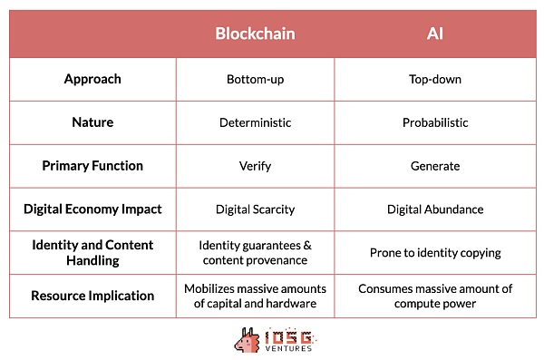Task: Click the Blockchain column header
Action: (x=255, y=34)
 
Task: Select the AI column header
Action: (x=435, y=34)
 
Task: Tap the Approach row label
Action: (x=92, y=79)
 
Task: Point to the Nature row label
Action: (x=92, y=122)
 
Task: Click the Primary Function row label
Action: (x=92, y=166)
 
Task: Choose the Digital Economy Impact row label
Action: (x=92, y=209)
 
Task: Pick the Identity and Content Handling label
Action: (x=92, y=252)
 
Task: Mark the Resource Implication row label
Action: (x=92, y=296)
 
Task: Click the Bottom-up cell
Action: (x=255, y=79)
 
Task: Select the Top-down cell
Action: (x=435, y=79)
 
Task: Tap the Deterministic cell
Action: (x=255, y=122)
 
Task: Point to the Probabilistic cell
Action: (x=435, y=122)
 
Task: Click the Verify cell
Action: (x=255, y=166)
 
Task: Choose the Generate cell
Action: (x=435, y=166)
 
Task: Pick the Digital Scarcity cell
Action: (x=255, y=209)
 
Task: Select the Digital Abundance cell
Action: (x=435, y=209)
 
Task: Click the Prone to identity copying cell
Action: (x=435, y=252)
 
